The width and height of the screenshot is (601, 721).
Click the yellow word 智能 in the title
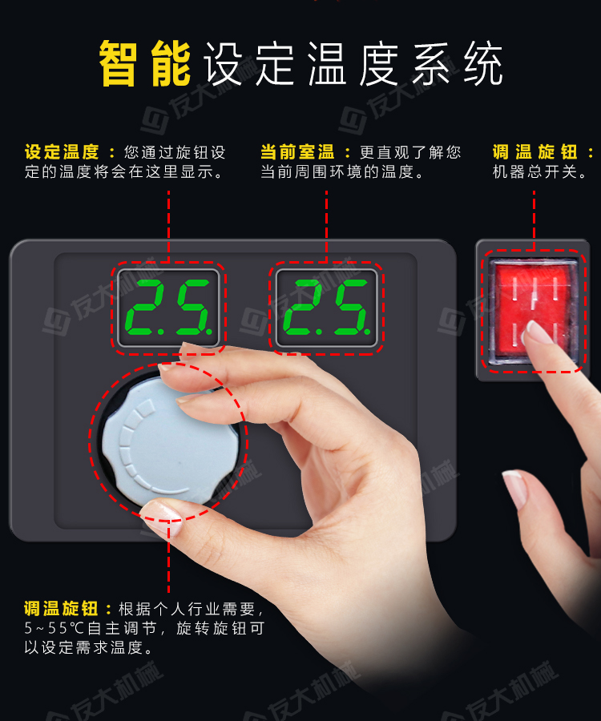tap(145, 63)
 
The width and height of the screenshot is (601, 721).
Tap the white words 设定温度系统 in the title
tap(353, 64)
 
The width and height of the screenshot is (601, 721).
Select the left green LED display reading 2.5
tap(168, 308)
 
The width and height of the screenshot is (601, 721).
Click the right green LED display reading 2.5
tap(326, 308)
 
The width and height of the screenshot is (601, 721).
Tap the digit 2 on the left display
tap(147, 308)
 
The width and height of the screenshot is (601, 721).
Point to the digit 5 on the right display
tap(349, 308)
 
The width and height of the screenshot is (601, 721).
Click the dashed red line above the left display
tap(168, 224)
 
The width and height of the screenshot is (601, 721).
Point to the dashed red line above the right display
tap(326, 224)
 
